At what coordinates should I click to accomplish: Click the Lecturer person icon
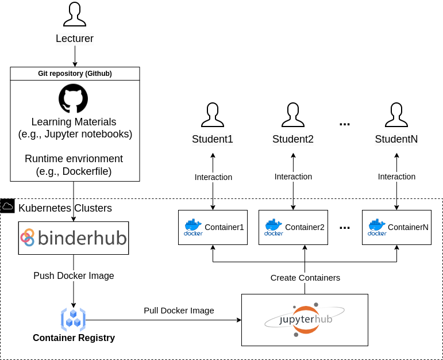75,14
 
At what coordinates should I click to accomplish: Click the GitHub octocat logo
74,98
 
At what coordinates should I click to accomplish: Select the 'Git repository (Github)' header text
75,74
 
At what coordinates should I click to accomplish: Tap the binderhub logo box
73,238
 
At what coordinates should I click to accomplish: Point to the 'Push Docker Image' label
74,276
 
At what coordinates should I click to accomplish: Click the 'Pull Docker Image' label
179,311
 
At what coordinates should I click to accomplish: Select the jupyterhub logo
305,320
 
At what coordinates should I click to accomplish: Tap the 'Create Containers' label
305,278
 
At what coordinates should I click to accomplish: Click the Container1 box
213,227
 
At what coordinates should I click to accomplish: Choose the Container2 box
294,227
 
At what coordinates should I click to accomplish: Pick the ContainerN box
397,227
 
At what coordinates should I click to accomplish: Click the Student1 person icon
213,115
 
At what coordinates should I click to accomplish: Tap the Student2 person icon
293,115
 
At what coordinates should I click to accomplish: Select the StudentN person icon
396,115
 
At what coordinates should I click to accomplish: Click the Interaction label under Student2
294,177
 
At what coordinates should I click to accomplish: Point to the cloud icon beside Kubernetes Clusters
7,206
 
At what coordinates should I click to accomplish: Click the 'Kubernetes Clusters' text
65,208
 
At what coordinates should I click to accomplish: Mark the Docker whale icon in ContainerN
377,227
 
